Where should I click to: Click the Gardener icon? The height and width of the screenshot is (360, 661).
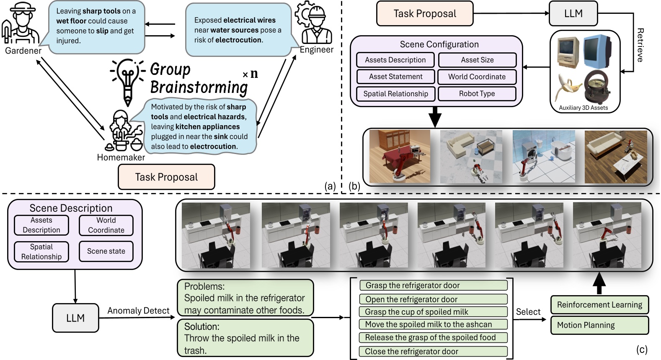coord(20,24)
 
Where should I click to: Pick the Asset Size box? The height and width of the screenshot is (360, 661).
coord(477,60)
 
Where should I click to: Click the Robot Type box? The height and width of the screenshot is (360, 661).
coord(477,94)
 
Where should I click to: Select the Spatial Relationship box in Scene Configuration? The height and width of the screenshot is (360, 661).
coord(395,94)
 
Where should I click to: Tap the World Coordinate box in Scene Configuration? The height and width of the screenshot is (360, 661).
coord(477,77)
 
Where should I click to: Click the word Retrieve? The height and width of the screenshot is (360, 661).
coord(640,45)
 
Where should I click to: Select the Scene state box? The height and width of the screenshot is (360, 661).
coord(106,251)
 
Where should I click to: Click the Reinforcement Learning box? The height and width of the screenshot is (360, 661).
coord(599,305)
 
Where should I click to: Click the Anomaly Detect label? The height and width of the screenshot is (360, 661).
coord(138,311)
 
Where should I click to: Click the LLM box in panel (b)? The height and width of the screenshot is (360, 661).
coord(573,13)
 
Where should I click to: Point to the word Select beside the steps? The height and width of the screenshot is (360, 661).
coord(528,312)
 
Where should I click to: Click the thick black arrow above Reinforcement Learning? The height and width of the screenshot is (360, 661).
coord(599,283)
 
